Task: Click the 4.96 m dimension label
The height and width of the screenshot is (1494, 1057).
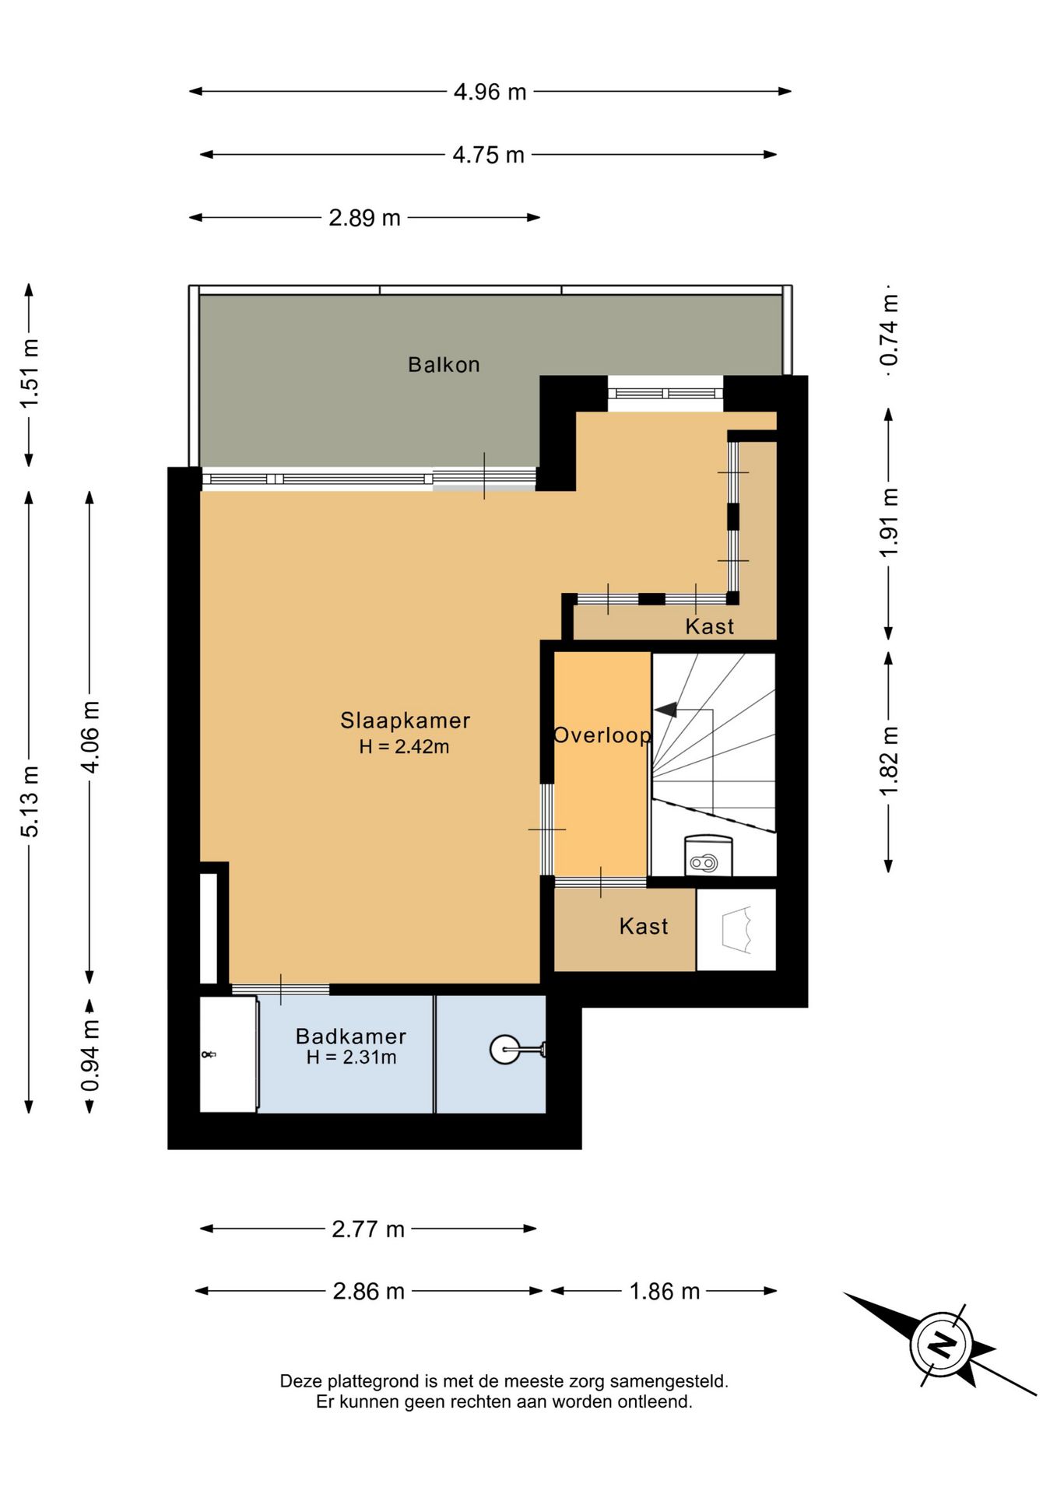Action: tap(490, 92)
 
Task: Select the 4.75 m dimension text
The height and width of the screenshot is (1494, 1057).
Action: tap(489, 155)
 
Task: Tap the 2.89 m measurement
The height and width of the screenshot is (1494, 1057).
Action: tap(364, 218)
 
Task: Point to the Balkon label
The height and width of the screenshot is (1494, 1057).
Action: tap(444, 364)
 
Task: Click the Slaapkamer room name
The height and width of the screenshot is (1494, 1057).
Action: tap(406, 721)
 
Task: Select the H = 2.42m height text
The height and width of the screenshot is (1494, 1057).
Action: tap(404, 747)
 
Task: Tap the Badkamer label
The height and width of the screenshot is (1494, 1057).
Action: tap(351, 1036)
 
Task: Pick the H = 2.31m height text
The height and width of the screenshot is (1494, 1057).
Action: tap(351, 1057)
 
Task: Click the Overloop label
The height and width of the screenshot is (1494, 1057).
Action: tap(602, 735)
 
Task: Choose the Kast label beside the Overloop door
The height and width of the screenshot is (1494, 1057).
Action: tap(644, 926)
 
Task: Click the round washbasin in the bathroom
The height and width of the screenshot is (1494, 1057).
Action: tap(504, 1050)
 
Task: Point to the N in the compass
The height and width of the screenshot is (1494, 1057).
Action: tap(943, 1344)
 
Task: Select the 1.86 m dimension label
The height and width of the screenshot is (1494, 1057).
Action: tap(665, 1292)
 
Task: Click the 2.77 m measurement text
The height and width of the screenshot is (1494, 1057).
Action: tap(368, 1229)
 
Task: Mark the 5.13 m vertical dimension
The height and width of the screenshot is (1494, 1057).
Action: tap(30, 802)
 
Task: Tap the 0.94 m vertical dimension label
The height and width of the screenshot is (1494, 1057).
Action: tap(90, 1056)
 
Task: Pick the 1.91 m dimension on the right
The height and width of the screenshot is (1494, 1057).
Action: tap(889, 523)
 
